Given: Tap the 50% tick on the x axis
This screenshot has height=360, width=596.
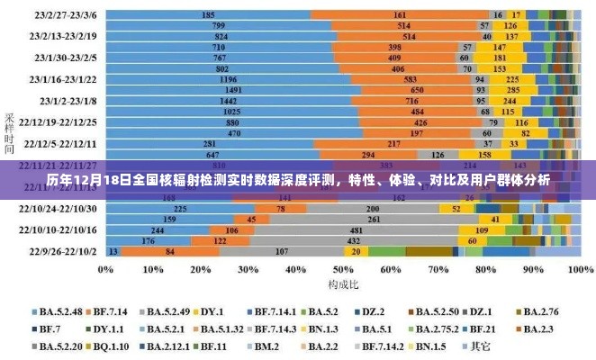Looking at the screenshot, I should pyautogui.click(x=342, y=268).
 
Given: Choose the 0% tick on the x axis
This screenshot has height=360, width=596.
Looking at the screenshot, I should pyautogui.click(x=107, y=268).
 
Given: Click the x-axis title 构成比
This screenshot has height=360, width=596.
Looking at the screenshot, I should pyautogui.click(x=342, y=283).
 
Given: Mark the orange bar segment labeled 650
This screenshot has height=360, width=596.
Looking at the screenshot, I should pyautogui.click(x=417, y=90).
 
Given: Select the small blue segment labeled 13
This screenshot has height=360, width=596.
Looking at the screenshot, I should pyautogui.click(x=112, y=252).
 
